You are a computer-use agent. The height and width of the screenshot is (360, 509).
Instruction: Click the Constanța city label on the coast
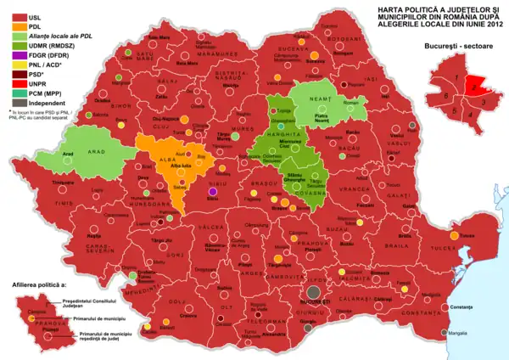click(x=432, y=305)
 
